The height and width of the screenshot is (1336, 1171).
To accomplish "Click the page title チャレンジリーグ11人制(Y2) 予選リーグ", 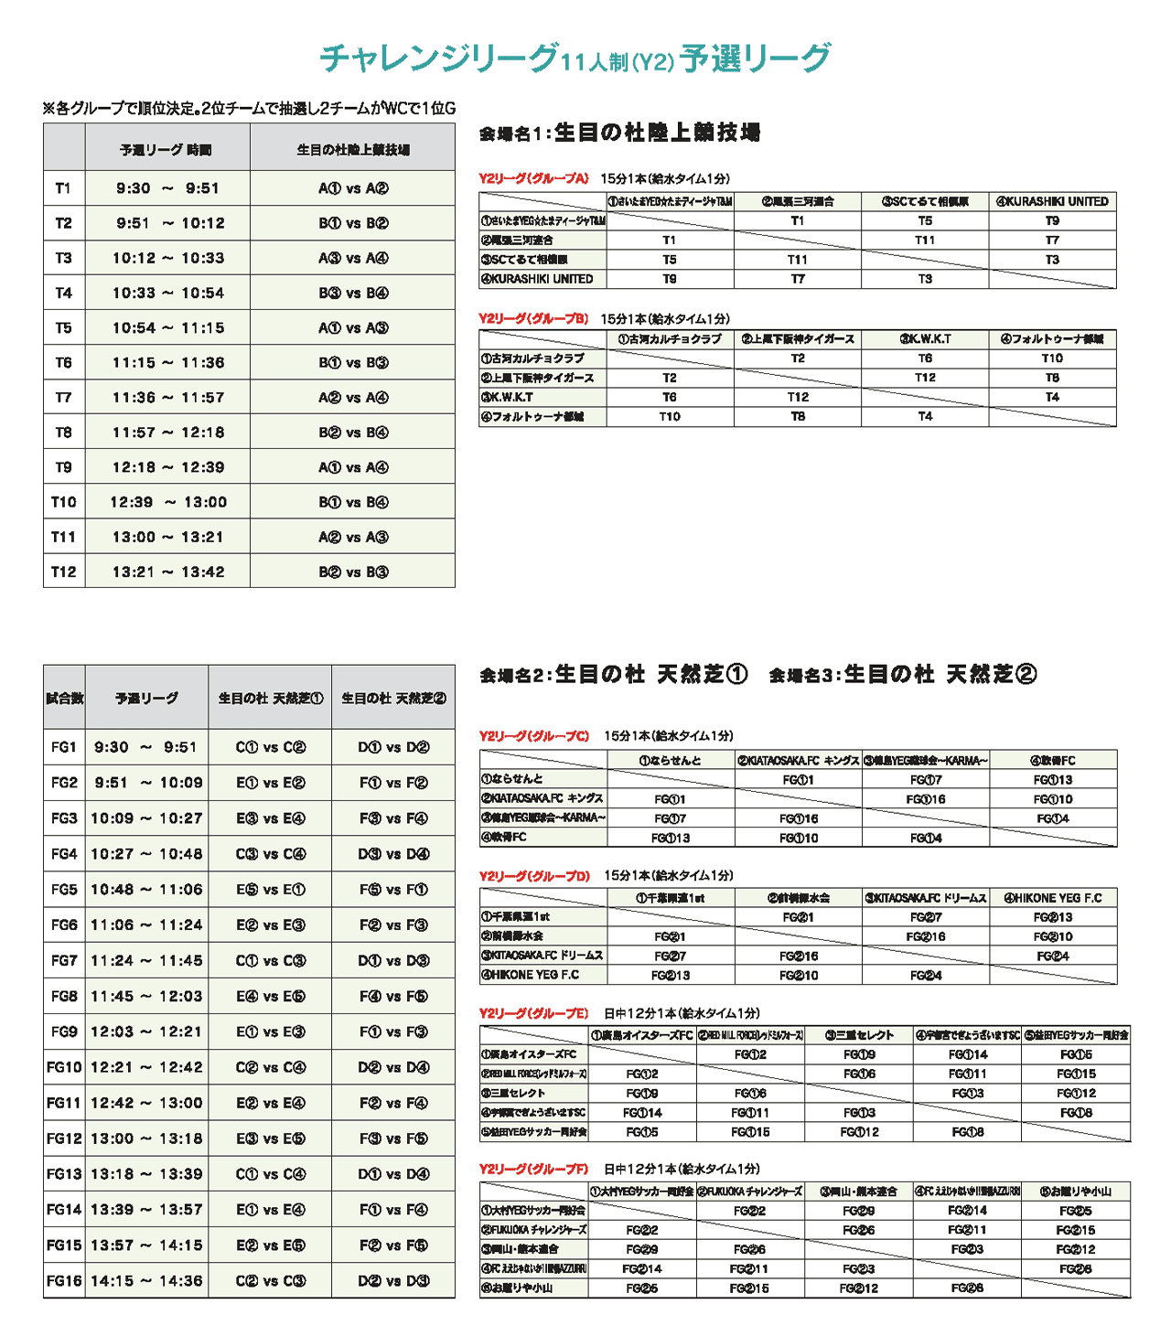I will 575,59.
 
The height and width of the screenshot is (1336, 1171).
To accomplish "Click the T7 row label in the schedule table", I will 63,398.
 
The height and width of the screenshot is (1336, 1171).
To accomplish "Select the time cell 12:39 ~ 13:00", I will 168,502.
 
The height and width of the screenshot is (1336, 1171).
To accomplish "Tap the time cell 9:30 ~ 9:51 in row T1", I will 168,188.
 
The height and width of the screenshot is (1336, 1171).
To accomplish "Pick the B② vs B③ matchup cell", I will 353,572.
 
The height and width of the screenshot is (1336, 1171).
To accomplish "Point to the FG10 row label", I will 64,1067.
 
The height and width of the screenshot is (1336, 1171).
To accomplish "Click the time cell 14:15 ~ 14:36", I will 146,1281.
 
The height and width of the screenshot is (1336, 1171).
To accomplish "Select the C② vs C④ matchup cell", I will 270,1067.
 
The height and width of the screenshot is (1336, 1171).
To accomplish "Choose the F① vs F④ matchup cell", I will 393,1210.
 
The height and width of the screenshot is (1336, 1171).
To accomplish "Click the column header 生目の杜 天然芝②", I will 393,699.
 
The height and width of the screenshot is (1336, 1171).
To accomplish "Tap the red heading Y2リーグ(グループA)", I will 533,178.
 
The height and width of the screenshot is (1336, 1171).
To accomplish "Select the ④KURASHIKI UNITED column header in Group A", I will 1052,201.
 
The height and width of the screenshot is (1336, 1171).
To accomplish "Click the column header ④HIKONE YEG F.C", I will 1053,898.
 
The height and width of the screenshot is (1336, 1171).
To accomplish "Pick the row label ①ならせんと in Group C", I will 514,779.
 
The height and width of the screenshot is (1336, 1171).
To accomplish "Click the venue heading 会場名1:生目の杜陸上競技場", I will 619,133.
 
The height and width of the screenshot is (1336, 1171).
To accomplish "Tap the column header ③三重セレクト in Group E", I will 859,1035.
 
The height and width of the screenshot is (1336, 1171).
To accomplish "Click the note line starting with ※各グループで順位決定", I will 249,108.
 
